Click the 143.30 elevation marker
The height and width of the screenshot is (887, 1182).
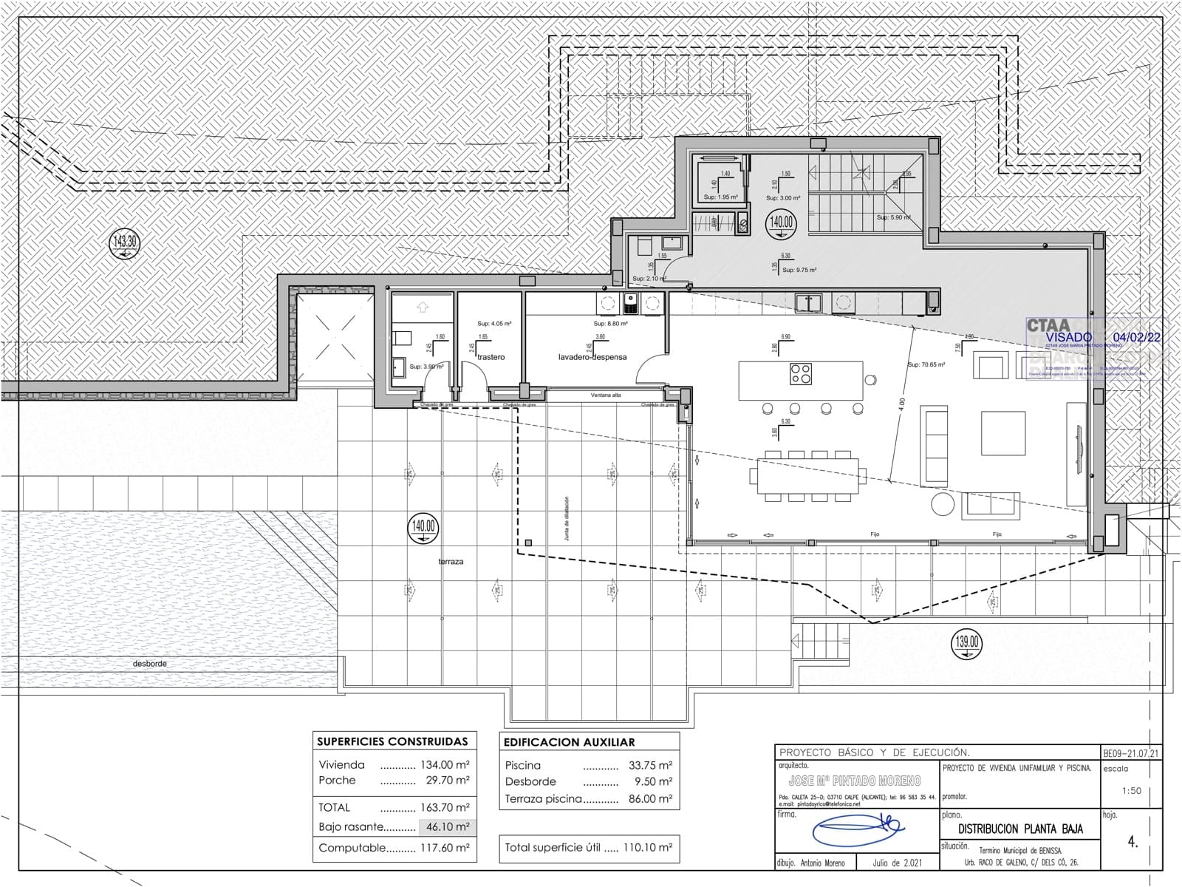pyautogui.click(x=123, y=242)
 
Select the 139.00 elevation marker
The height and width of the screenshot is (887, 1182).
pyautogui.click(x=967, y=642)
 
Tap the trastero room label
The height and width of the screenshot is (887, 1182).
pyautogui.click(x=491, y=357)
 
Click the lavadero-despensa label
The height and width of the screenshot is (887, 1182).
pyautogui.click(x=592, y=357)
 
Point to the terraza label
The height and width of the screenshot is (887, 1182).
pyautogui.click(x=451, y=562)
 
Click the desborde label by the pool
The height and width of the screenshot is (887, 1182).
pyautogui.click(x=150, y=664)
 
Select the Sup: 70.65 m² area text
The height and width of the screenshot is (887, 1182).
pyautogui.click(x=926, y=365)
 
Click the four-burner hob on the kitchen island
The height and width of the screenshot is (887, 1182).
pyautogui.click(x=801, y=374)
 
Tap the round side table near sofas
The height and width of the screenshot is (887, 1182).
pyautogui.click(x=942, y=504)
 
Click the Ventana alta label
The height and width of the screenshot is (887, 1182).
pyautogui.click(x=606, y=395)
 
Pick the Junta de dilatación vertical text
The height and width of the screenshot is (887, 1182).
pyautogui.click(x=567, y=518)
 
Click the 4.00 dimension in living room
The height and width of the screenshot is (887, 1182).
pyautogui.click(x=901, y=405)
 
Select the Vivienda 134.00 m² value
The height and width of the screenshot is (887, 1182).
pyautogui.click(x=446, y=765)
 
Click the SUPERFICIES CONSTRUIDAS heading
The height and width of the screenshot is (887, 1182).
pyautogui.click(x=392, y=741)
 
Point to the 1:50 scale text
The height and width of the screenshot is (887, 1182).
pyautogui.click(x=1131, y=790)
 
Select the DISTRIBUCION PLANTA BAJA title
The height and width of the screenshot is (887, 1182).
pyautogui.click(x=1020, y=829)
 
